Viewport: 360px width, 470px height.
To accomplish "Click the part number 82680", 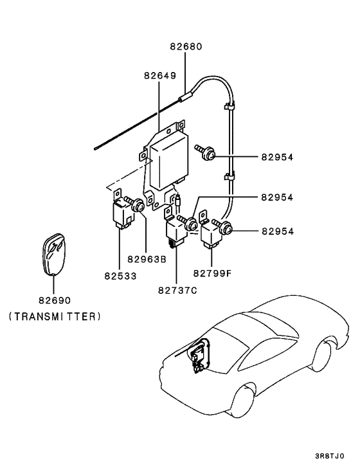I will pos(186,47).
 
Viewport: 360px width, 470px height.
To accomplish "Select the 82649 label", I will pos(159,76).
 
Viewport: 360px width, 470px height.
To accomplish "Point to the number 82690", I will pos(54,300).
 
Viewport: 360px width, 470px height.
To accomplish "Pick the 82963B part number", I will pos(147,260).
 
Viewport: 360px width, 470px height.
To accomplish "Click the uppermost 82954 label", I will pos(277,156).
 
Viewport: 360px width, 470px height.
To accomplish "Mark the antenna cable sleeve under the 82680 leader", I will pos(186,97).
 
